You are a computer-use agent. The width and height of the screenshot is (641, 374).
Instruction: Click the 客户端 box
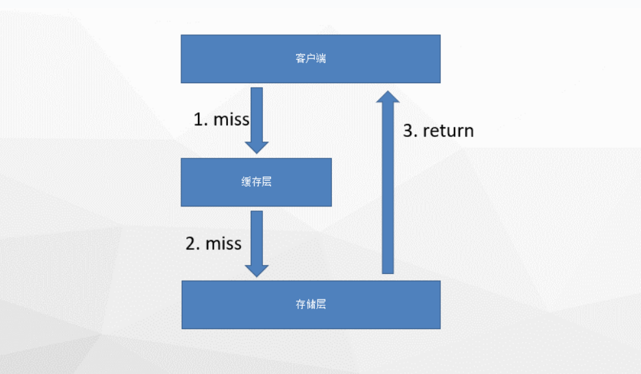click(x=310, y=59)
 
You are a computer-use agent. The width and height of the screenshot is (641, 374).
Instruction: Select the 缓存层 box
click(x=257, y=182)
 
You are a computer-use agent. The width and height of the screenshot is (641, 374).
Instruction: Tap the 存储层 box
click(x=311, y=305)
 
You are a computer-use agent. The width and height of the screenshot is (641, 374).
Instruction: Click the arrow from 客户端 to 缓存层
click(x=257, y=120)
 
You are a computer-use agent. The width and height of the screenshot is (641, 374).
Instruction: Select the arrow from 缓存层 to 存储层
click(x=257, y=243)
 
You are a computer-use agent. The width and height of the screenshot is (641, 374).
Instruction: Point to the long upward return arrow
click(x=388, y=182)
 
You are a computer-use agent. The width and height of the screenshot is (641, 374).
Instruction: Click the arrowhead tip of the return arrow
click(x=388, y=91)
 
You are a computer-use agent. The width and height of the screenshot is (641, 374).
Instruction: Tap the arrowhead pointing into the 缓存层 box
click(x=257, y=148)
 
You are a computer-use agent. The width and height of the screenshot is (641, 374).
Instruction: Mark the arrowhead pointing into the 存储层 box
click(x=257, y=271)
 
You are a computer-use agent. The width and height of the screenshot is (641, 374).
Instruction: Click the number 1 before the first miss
click(x=199, y=119)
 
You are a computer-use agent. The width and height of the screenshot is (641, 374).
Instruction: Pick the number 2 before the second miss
click(x=191, y=243)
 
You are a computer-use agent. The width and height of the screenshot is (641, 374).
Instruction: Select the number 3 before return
click(x=408, y=131)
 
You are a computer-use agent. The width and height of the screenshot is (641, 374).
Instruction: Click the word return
click(x=448, y=131)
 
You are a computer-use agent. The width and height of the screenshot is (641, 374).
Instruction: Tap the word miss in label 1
click(x=231, y=119)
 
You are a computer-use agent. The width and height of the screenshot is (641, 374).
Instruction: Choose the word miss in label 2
click(x=223, y=243)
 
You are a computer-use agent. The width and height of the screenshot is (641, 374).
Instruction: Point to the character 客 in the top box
click(x=301, y=58)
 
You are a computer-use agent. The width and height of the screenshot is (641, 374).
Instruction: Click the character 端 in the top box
click(x=321, y=58)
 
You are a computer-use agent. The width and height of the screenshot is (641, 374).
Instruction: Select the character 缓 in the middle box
click(x=246, y=182)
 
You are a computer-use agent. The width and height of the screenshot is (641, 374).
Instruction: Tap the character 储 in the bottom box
click(x=310, y=304)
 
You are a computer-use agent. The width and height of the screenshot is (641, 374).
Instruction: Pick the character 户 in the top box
click(x=310, y=58)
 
